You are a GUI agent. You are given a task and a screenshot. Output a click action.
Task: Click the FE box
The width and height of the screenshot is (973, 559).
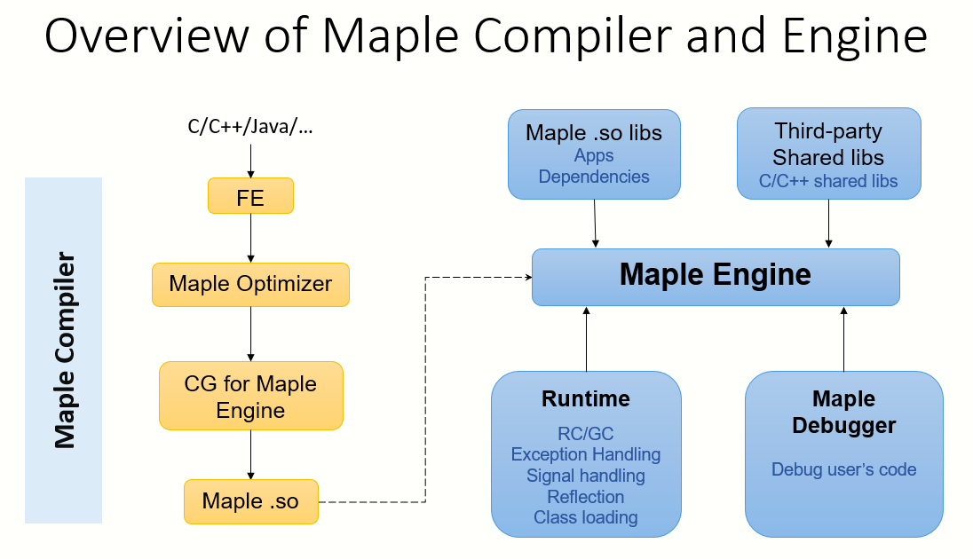(x=250, y=196)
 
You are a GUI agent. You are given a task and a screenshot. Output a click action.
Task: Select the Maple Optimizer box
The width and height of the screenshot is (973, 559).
(x=250, y=285)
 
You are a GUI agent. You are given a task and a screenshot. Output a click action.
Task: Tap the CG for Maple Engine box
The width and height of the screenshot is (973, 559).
(x=250, y=396)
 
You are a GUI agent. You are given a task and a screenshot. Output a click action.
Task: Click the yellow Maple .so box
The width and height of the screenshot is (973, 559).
(x=250, y=501)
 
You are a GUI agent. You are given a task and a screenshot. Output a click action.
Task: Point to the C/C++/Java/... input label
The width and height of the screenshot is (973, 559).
(x=250, y=127)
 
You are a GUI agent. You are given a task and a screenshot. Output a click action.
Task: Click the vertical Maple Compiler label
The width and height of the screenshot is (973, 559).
(x=65, y=350)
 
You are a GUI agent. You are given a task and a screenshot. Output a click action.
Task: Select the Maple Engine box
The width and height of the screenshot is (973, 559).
(x=716, y=278)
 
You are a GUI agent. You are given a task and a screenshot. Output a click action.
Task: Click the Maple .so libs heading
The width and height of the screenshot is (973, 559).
(x=594, y=133)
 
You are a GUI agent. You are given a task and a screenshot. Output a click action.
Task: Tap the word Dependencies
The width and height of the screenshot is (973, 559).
(x=594, y=177)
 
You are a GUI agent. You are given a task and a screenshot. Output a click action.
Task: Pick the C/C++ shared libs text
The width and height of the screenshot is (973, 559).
(x=828, y=181)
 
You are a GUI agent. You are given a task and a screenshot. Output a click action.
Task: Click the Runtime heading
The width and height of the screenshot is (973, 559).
(x=586, y=399)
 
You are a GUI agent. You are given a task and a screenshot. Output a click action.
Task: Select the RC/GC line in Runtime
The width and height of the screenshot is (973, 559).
(x=586, y=434)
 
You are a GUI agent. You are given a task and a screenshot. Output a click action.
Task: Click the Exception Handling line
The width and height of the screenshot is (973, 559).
(x=586, y=455)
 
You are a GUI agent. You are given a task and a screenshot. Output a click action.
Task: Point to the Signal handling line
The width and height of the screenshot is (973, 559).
(x=586, y=476)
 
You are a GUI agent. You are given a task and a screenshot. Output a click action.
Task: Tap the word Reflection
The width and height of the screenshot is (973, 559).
(x=586, y=497)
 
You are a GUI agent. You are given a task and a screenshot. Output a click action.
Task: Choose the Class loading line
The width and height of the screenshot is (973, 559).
(x=586, y=517)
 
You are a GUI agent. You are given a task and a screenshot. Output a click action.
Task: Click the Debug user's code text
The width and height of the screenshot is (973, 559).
(x=844, y=469)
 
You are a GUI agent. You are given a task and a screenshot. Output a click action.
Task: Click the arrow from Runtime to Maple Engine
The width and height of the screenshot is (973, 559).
(x=587, y=339)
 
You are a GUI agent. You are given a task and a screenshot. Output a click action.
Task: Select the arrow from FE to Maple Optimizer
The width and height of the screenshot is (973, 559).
(x=250, y=239)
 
